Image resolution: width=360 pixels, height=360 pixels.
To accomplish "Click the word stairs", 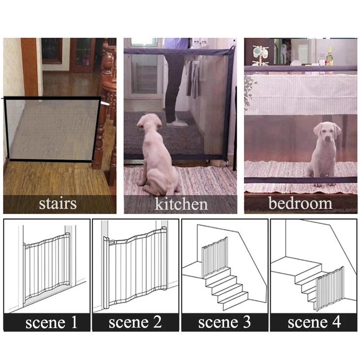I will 58,203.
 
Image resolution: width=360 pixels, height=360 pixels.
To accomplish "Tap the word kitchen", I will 181,204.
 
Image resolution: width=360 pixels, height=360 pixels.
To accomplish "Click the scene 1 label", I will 51,322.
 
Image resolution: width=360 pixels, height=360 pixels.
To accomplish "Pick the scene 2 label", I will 135,322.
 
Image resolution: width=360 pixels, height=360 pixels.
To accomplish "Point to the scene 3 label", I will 224,322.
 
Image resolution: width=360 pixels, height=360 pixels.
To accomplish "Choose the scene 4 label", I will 314,322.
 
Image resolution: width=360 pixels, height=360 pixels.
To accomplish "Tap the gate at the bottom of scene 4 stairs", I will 329,288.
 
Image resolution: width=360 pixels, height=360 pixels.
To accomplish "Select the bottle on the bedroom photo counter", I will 330,57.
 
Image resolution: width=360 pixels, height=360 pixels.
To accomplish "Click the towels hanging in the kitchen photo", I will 193,79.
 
